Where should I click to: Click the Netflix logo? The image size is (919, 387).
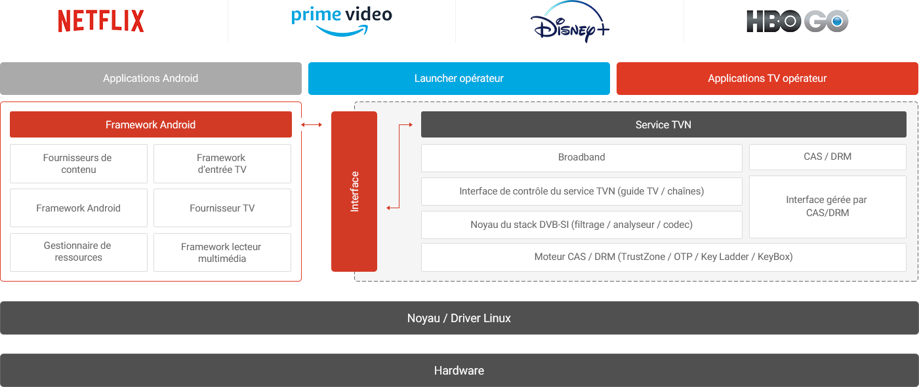(x=101, y=21)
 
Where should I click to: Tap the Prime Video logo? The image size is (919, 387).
(x=342, y=21)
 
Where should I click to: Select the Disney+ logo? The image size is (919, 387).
(x=569, y=22)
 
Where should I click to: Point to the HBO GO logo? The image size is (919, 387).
(x=798, y=21)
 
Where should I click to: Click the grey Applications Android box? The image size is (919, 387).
(x=151, y=79)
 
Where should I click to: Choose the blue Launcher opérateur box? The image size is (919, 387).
(x=459, y=79)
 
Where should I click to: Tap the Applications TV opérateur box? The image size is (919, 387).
(x=767, y=79)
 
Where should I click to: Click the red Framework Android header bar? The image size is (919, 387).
(x=151, y=124)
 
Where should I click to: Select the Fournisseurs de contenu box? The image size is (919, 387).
(x=78, y=164)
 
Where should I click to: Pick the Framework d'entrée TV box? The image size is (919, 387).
(x=222, y=164)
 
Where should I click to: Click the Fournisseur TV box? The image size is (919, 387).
(x=222, y=208)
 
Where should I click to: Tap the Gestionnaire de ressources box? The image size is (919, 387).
(x=78, y=252)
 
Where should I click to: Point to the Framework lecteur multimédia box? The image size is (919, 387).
(x=222, y=253)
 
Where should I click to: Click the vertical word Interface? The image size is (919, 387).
(x=355, y=191)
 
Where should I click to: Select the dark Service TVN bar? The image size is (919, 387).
(x=663, y=124)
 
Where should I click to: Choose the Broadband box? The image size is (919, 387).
(x=581, y=158)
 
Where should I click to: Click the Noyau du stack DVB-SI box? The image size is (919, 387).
(x=581, y=225)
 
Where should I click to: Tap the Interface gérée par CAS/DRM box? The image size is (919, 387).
(x=827, y=206)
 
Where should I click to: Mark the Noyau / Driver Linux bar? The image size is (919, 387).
(x=459, y=318)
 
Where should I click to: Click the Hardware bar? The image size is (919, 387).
(x=459, y=371)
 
